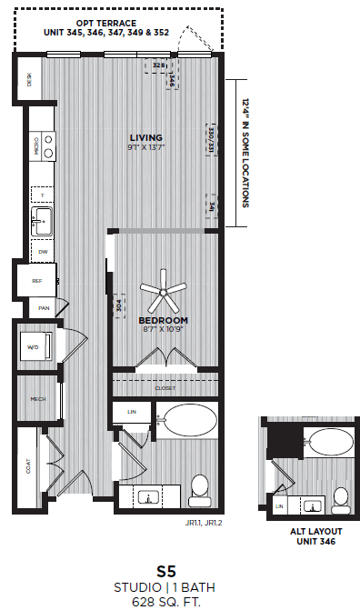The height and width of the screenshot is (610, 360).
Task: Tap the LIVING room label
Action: pyautogui.click(x=145, y=137)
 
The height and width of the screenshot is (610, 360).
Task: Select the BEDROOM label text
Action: pyautogui.click(x=164, y=321)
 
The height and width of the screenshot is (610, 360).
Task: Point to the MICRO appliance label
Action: pyautogui.click(x=37, y=146)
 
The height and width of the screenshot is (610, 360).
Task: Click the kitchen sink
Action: pyautogui.click(x=41, y=219)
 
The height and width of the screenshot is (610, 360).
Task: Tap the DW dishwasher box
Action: pyautogui.click(x=42, y=251)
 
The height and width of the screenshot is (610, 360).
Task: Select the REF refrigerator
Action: pyautogui.click(x=37, y=281)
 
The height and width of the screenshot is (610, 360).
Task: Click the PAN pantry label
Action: pyautogui.click(x=43, y=309)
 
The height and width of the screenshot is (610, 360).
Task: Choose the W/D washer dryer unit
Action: pyautogui.click(x=35, y=346)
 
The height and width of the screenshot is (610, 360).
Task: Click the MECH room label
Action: pyautogui.click(x=37, y=398)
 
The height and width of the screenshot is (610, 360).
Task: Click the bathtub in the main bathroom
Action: pyautogui.click(x=188, y=421)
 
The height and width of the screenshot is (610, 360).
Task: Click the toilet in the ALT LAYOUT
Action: pyautogui.click(x=340, y=497)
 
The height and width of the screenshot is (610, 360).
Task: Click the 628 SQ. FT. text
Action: pyautogui.click(x=165, y=601)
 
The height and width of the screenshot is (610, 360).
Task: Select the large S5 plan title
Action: pyautogui.click(x=165, y=571)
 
